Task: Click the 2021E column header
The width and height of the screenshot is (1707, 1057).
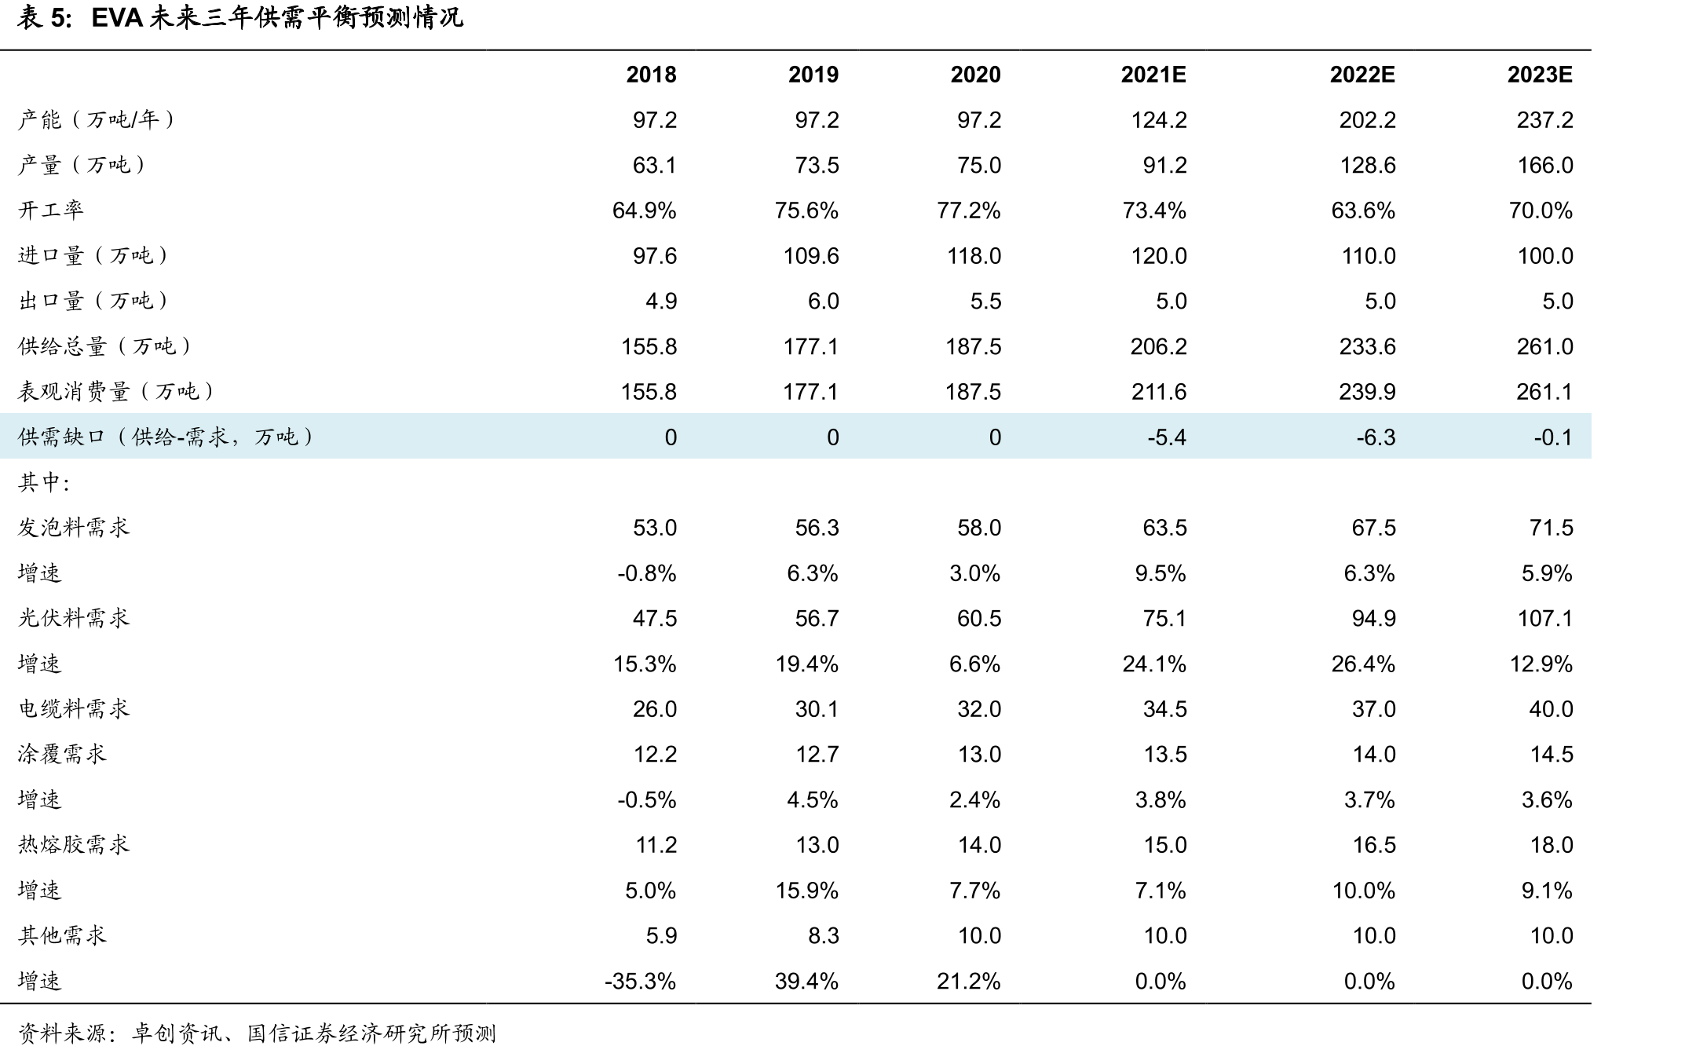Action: click(x=1153, y=75)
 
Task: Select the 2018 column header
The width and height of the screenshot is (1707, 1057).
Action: click(x=651, y=75)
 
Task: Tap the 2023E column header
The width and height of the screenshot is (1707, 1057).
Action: click(x=1540, y=75)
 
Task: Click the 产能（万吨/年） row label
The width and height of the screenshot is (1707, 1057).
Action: click(x=97, y=119)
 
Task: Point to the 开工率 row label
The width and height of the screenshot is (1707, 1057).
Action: click(x=50, y=210)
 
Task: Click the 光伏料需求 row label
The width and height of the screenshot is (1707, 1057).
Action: click(x=74, y=618)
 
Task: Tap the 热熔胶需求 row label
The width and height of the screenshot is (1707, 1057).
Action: click(x=74, y=844)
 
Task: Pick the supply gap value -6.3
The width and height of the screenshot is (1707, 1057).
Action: click(x=1376, y=437)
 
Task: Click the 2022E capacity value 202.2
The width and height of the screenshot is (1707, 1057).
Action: click(x=1367, y=120)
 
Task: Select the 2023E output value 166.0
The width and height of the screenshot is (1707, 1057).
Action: click(x=1544, y=166)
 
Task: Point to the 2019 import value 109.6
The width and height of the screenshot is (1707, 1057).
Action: click(x=811, y=256)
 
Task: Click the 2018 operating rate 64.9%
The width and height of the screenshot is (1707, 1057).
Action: click(x=644, y=210)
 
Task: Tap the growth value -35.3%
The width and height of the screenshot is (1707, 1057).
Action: click(x=640, y=982)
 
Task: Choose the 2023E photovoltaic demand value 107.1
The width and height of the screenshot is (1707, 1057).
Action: click(x=1544, y=619)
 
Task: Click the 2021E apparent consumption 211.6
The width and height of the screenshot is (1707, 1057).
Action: click(x=1158, y=392)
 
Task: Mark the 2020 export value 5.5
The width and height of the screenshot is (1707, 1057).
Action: click(x=985, y=302)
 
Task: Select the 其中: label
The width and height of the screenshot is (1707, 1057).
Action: click(x=44, y=482)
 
